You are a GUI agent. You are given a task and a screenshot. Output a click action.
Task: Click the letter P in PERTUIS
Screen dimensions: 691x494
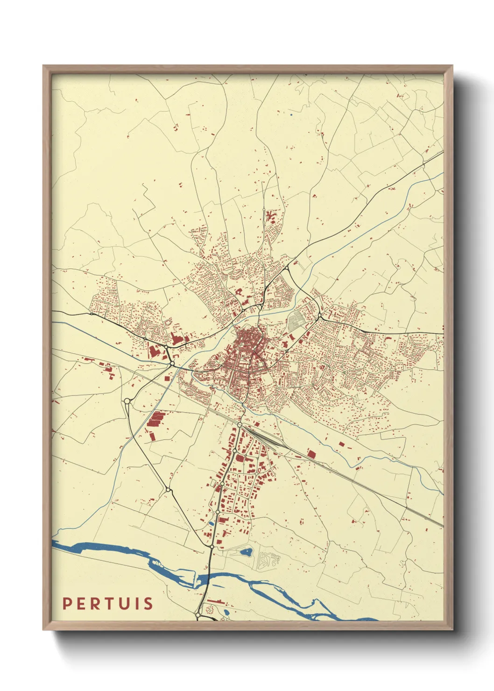(x=68, y=604)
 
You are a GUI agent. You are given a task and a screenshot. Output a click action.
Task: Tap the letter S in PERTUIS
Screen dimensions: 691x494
(x=148, y=604)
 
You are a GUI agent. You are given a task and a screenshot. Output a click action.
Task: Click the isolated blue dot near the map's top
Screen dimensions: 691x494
(x=291, y=114)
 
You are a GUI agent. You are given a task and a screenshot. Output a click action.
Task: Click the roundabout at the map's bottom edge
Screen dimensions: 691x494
(x=198, y=616)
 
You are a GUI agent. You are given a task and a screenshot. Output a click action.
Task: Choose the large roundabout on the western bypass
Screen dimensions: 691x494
(x=127, y=401)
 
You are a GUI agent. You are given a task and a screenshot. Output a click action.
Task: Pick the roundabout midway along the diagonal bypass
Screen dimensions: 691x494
(x=168, y=489)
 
